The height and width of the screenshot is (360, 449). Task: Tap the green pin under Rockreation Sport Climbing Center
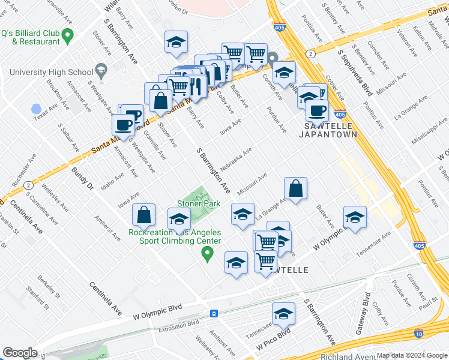coord(208,255)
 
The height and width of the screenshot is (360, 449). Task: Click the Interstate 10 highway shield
coord(418,334)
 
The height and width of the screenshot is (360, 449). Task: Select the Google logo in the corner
coord(20,353)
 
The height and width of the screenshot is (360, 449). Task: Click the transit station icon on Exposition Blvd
coord(214,314)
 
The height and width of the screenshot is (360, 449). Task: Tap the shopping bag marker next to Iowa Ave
coord(144,215)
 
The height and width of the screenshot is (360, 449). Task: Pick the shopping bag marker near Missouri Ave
coord(296,188)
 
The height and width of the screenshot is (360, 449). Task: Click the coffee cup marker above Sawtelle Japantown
coord(317,110)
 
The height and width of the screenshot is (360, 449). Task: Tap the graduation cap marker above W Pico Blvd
coord(283,314)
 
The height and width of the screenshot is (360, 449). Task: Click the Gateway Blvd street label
coord(361,313)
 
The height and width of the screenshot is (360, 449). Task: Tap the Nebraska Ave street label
coord(239,159)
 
